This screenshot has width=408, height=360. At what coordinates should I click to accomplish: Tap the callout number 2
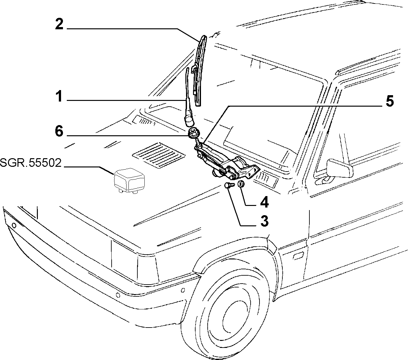click(59, 24)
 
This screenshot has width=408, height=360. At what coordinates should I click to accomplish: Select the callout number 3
click(264, 221)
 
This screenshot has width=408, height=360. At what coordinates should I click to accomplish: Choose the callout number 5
click(390, 102)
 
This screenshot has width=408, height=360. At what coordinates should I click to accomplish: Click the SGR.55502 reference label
click(31, 163)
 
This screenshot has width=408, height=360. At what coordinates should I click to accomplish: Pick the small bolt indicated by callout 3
click(230, 185)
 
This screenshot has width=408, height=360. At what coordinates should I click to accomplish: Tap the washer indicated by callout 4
click(241, 184)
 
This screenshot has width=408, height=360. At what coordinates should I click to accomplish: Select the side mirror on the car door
click(340, 168)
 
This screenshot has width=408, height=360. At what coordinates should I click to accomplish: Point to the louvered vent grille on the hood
click(159, 155)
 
